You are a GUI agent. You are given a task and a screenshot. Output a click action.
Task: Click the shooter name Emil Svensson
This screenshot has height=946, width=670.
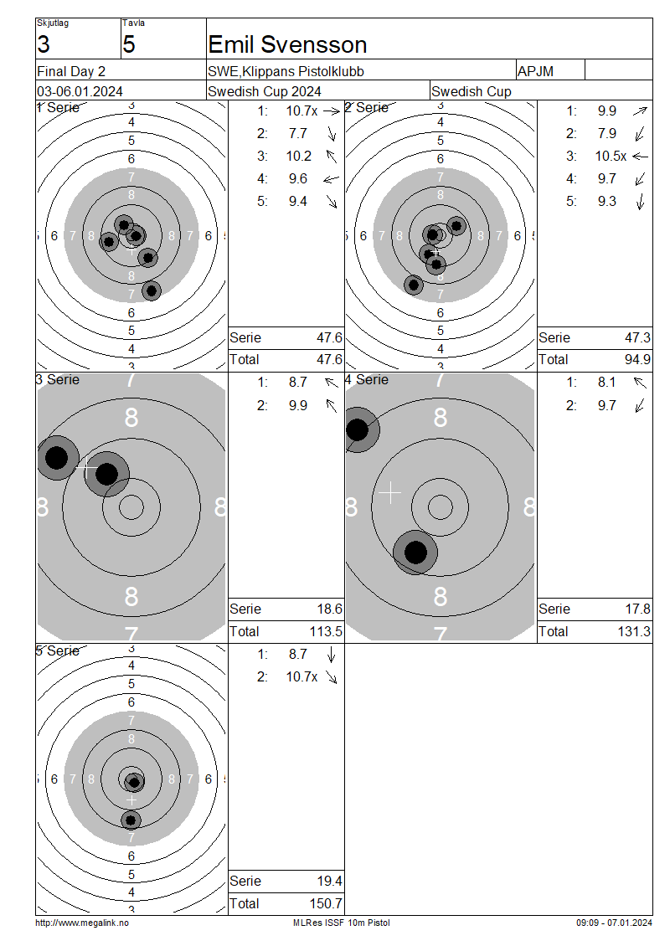point(287,44)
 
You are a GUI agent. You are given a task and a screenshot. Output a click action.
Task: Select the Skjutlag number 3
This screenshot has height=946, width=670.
point(44,44)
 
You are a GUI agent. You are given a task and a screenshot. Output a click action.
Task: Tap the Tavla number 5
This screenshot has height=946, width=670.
point(129,44)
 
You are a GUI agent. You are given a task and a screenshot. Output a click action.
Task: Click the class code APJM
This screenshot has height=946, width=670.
point(535,71)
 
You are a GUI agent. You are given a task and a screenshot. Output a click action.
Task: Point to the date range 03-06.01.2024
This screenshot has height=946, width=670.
point(80,92)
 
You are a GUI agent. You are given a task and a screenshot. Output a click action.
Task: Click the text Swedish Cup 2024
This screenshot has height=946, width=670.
point(265,92)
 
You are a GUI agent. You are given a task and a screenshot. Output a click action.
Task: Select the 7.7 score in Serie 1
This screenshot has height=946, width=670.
point(297,133)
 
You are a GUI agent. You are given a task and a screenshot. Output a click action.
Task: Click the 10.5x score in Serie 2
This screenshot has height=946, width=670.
point(611,157)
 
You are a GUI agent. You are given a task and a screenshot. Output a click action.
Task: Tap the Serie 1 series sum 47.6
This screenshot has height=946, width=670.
point(330,338)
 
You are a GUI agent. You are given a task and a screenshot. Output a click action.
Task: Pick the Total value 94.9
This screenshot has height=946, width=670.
point(637,360)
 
